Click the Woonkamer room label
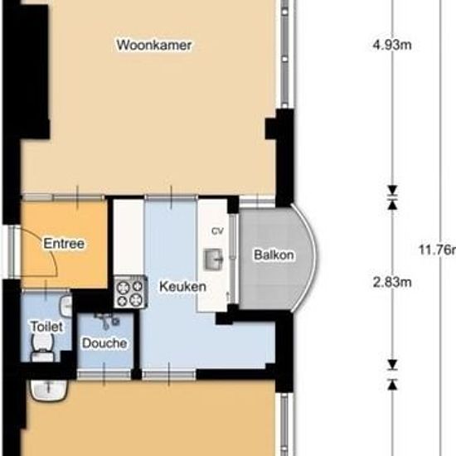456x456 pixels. click(155, 45)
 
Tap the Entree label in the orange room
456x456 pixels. click(63, 244)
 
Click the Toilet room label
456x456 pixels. click(46, 327)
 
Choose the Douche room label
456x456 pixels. click(104, 342)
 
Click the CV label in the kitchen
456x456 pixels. click(218, 230)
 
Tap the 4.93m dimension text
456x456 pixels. click(392, 45)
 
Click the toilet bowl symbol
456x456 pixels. click(39, 355)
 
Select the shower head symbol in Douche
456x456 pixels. click(105, 317)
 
